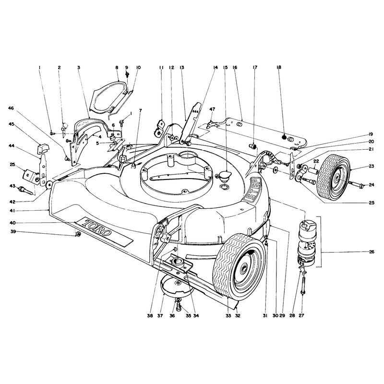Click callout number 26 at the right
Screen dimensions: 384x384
(x=371, y=252)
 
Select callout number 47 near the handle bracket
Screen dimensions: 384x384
(x=212, y=109)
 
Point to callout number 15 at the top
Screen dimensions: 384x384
(x=225, y=67)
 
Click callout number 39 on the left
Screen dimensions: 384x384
(x=13, y=231)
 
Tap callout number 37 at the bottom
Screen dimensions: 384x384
(x=160, y=316)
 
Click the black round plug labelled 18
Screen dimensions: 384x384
(x=284, y=137)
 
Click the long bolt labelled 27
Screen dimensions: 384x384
(x=303, y=285)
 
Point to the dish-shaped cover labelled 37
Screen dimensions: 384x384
(x=177, y=286)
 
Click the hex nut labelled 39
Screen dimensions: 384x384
(x=78, y=234)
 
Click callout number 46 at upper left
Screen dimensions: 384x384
(x=11, y=108)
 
